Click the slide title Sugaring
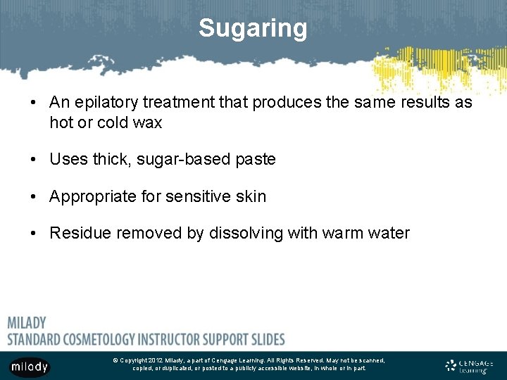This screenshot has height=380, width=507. pos(253,28)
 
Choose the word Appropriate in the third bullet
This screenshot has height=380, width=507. pos(93,196)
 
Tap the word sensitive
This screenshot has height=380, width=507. pos(199,196)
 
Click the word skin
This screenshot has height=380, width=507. pos(251,196)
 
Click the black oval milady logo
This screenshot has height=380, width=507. pos(30,367)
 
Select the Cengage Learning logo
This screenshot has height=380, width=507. pos(470,366)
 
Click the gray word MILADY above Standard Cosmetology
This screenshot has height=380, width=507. pos(27,323)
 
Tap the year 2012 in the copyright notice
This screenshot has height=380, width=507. pos(154,360)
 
